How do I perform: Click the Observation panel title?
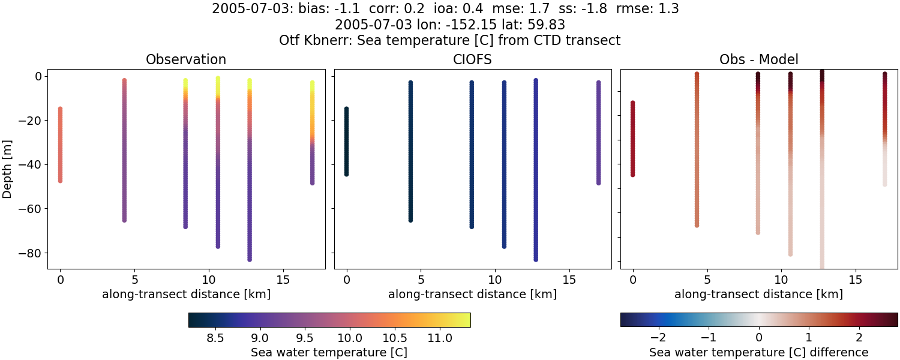point(186,59)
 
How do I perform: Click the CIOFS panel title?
point(472,59)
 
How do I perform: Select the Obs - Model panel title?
point(758,59)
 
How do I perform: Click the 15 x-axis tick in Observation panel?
point(283,280)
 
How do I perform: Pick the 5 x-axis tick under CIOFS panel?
point(421,280)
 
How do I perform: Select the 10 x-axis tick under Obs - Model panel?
point(781,280)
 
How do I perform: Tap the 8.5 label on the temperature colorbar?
point(215,338)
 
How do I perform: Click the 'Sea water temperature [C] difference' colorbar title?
point(758,352)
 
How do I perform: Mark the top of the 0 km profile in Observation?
point(60,109)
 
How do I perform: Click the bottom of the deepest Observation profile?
point(249,259)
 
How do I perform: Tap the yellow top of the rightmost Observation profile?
point(312,83)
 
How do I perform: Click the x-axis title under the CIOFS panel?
point(472,294)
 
